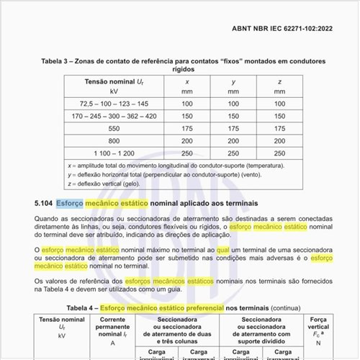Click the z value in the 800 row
[x=279, y=140]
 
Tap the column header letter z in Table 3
[x=279, y=81]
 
